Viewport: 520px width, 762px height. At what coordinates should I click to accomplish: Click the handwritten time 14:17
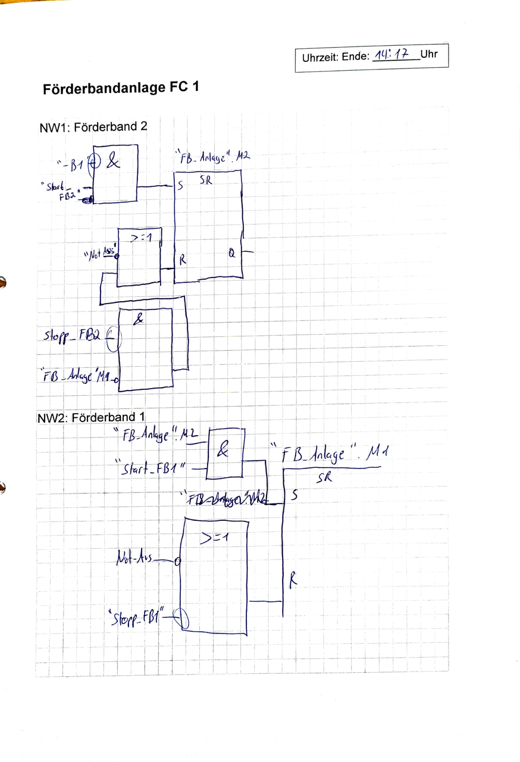click(x=395, y=56)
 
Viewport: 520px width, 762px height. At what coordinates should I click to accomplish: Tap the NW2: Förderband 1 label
click(x=91, y=417)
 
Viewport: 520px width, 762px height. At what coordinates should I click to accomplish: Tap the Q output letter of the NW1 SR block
click(x=231, y=253)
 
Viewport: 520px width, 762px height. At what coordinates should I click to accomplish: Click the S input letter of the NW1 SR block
click(x=180, y=186)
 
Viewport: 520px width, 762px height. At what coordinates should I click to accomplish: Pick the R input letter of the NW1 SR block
click(x=183, y=260)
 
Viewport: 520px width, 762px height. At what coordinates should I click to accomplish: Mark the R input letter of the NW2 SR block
click(x=293, y=578)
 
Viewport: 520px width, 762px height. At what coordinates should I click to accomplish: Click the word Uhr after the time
click(x=428, y=55)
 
